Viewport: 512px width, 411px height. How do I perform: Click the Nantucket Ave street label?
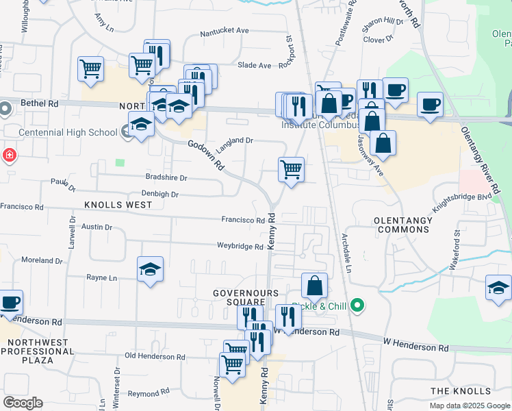pos(225,31)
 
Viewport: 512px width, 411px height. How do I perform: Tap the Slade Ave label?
pos(255,65)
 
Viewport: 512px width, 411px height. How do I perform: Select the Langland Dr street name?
pos(235,140)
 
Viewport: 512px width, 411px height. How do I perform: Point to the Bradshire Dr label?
pos(166,177)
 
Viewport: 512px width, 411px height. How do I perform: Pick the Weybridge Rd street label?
pos(240,246)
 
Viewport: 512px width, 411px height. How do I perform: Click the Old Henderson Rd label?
pos(155,357)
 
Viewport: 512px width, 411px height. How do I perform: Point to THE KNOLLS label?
pos(460,390)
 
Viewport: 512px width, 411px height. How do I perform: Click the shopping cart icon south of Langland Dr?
pos(292,169)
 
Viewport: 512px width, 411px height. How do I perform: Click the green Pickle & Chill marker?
pos(357,306)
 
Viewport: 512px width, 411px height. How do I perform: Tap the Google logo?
pos(23,403)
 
